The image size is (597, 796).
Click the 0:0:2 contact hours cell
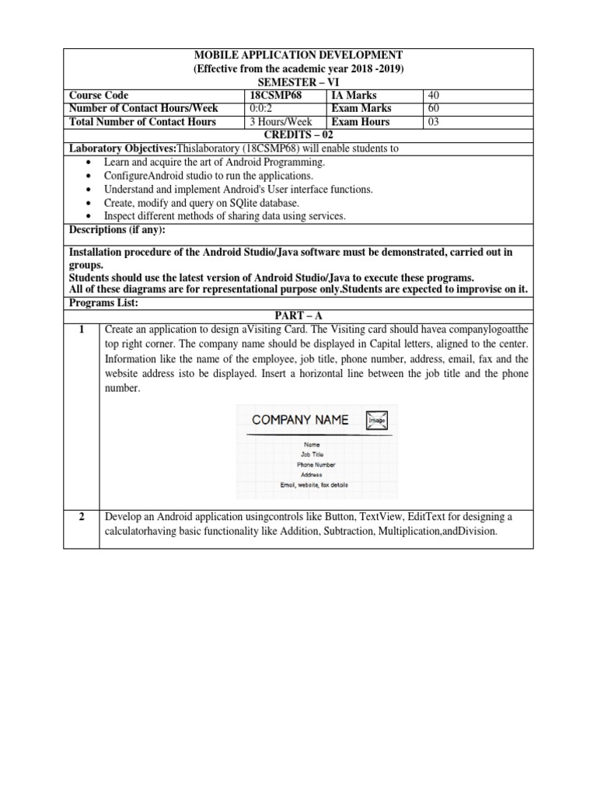pos(263,108)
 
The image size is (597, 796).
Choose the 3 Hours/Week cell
pos(281,122)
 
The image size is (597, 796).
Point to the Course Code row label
pos(99,95)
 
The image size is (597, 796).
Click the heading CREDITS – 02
pos(298,135)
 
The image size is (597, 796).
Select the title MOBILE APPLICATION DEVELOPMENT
pos(298,55)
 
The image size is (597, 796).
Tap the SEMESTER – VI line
pos(298,82)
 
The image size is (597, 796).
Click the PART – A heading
pos(298,313)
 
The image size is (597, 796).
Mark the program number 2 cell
pos(82,517)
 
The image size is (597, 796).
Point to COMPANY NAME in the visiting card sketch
pos(300,421)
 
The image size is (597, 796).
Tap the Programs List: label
pos(103,302)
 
